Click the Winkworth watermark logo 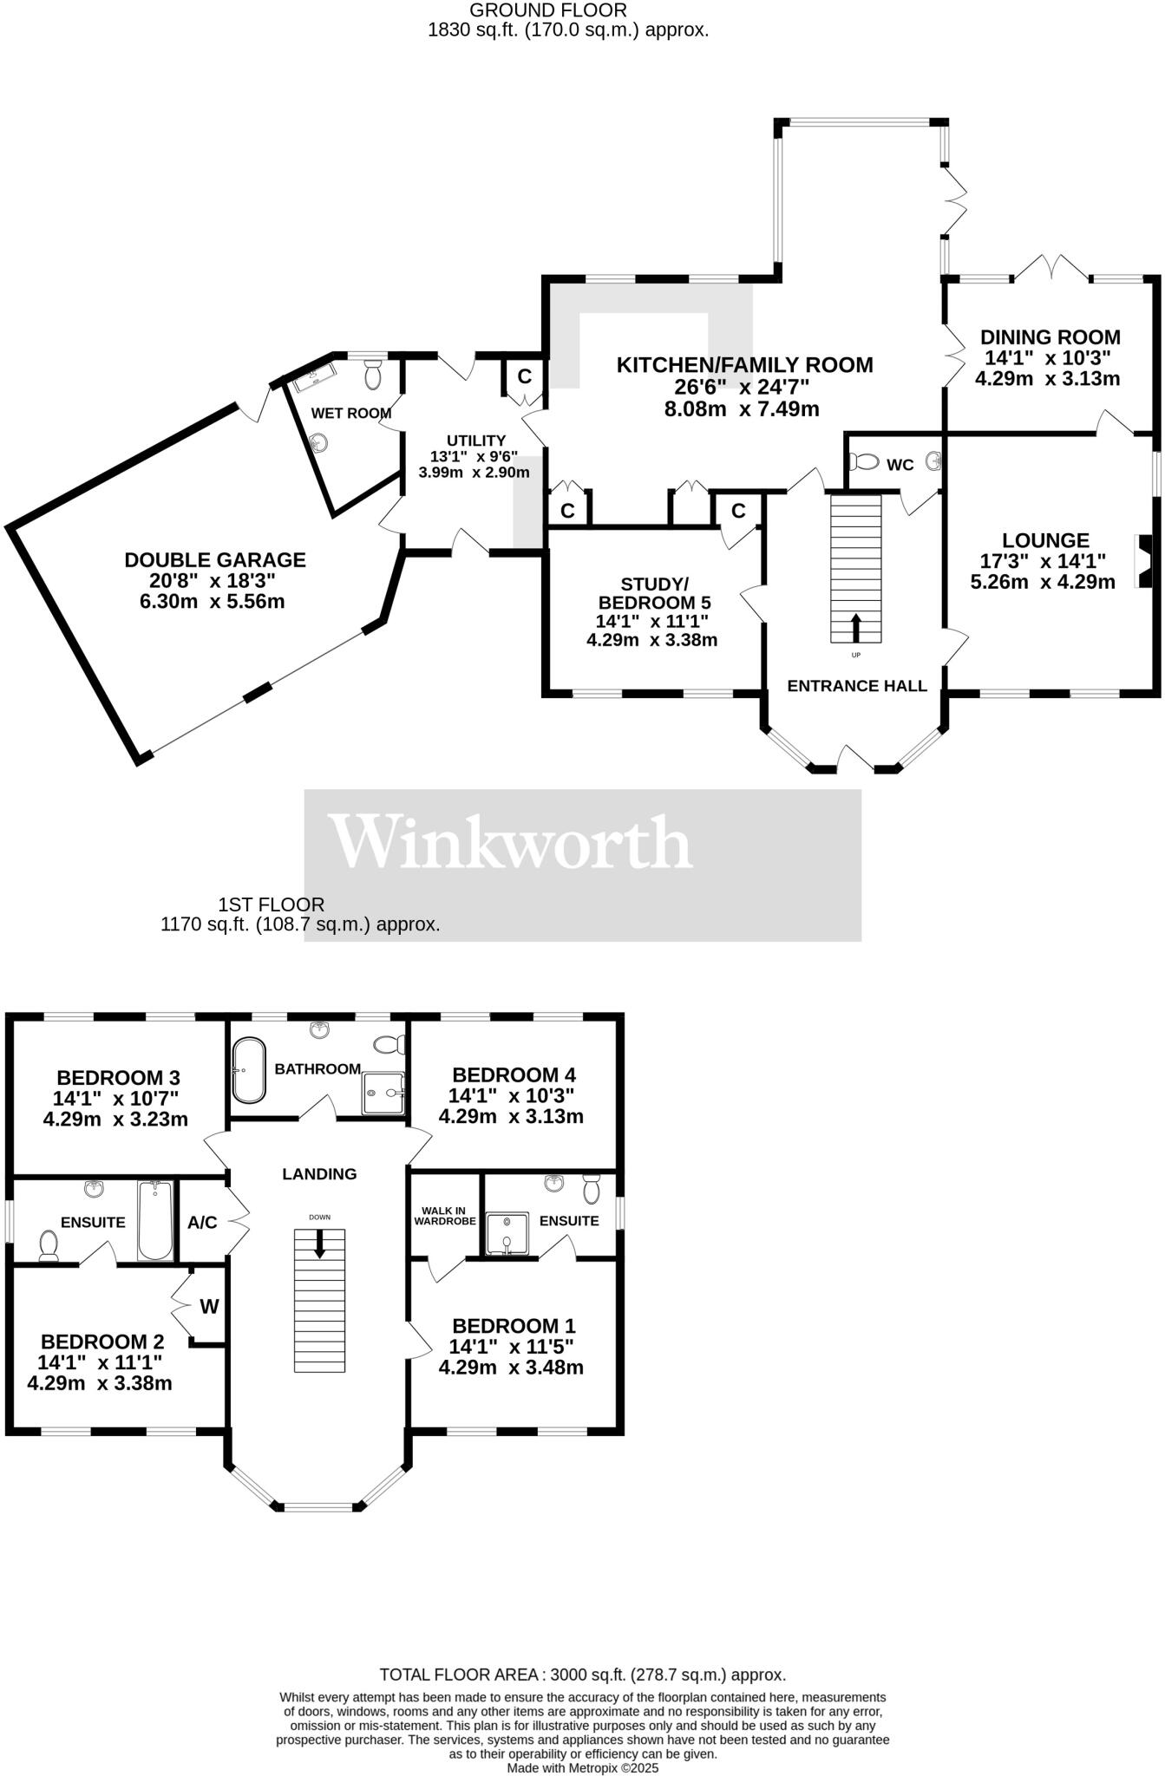[513, 842]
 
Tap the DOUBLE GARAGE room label [214, 560]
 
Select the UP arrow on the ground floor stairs [855, 627]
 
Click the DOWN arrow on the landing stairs [320, 1244]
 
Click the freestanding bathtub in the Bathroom [249, 1069]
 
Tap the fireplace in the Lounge [1145, 561]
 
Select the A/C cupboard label [202, 1223]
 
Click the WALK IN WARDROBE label [445, 1215]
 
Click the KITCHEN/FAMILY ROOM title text [744, 365]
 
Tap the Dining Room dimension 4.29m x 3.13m [1047, 379]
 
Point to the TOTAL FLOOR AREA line [582, 1675]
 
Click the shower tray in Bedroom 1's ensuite [506, 1234]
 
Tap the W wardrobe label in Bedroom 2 [209, 1306]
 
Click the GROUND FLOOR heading [547, 10]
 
